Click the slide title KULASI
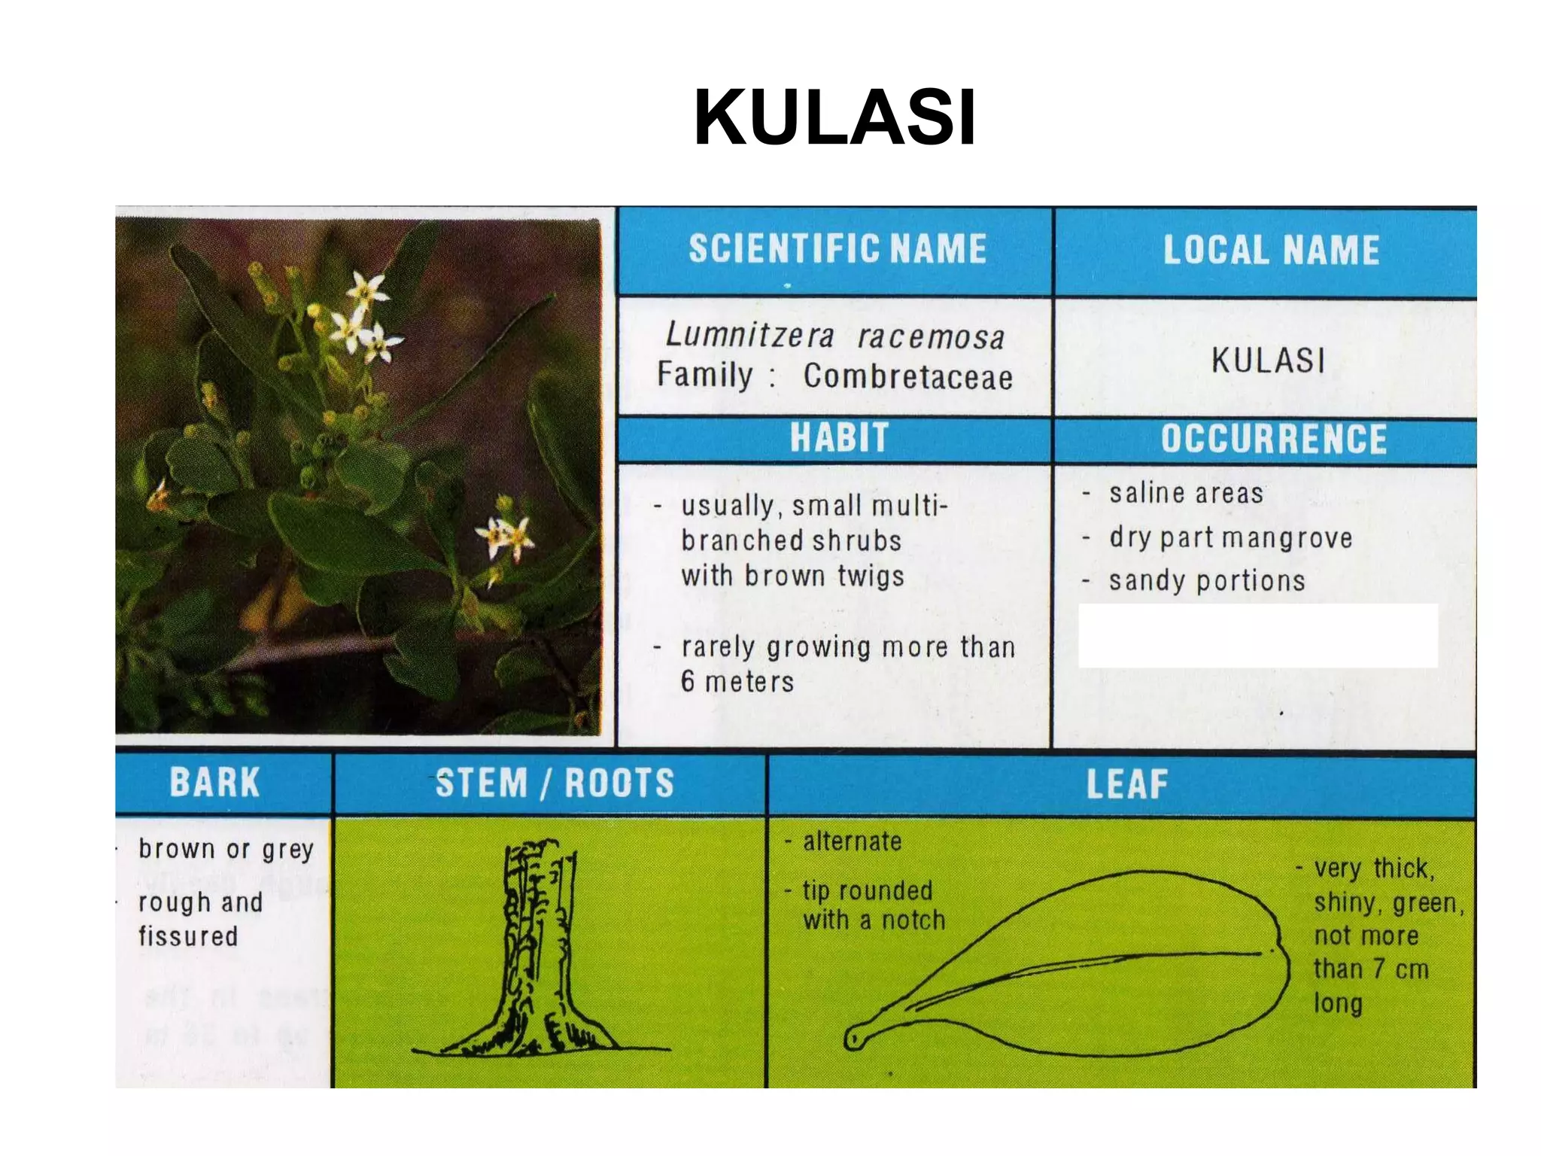pos(834,118)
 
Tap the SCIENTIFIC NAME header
pos(837,249)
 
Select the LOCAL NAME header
pos(1271,251)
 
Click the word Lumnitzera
pos(750,335)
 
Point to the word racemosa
pos(931,337)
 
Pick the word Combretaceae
pos(907,376)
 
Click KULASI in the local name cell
pos(1268,360)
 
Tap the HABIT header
pos(839,438)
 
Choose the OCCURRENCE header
pos(1273,440)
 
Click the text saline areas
pos(1186,494)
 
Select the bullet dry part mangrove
pos(1230,538)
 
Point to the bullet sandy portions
pos(1206,581)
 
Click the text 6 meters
pos(737,682)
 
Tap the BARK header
pos(214,782)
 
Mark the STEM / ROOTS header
pos(555,783)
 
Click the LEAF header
pos(1126,784)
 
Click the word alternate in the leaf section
pos(852,841)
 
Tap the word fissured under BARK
pos(188,936)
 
